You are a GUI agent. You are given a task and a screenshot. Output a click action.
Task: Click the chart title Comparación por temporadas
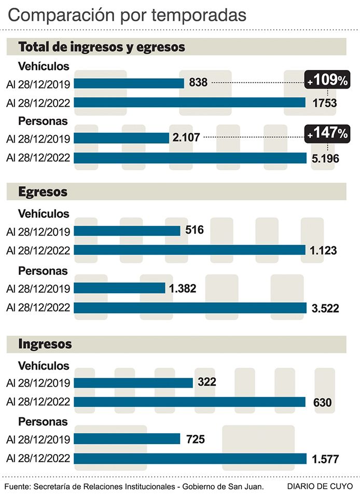[127, 15]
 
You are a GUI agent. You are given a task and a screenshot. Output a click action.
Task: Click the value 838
[198, 82]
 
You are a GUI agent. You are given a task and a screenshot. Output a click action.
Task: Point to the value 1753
[325, 103]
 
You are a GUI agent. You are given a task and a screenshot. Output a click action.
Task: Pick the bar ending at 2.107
[122, 138]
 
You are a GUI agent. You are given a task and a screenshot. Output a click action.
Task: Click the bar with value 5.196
[190, 158]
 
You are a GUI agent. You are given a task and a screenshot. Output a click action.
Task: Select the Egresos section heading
[43, 192]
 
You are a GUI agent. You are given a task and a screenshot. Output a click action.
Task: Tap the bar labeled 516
[128, 231]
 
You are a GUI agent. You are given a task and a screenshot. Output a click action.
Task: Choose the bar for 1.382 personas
[120, 288]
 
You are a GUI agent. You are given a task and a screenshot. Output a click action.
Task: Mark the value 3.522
[325, 309]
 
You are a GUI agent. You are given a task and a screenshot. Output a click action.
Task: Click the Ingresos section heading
[45, 344]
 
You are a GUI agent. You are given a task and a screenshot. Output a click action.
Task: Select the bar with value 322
[134, 382]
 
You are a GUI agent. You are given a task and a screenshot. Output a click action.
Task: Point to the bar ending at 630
[190, 402]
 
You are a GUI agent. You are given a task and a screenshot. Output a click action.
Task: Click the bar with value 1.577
[190, 459]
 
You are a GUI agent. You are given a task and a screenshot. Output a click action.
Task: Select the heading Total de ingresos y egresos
[102, 47]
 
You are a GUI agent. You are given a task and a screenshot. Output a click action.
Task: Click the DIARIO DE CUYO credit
[320, 486]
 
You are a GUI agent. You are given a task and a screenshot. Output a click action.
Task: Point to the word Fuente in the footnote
[17, 486]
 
